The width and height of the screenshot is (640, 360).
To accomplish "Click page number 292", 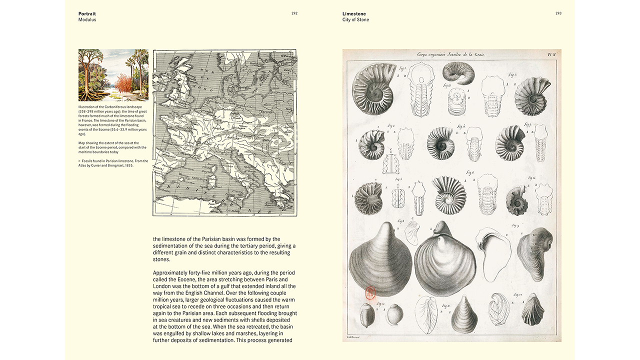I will click(x=294, y=13).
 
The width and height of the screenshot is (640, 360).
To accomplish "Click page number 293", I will click(x=558, y=13).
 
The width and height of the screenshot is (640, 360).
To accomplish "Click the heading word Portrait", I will click(x=87, y=13).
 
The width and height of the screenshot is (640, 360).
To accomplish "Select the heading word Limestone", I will click(x=354, y=13).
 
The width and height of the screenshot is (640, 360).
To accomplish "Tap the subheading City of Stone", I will click(x=355, y=20).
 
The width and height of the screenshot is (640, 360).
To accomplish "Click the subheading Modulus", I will click(x=87, y=20).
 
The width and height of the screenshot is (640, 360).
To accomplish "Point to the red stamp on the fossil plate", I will click(x=370, y=293).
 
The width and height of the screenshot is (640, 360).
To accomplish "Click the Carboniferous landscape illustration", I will click(x=113, y=75).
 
